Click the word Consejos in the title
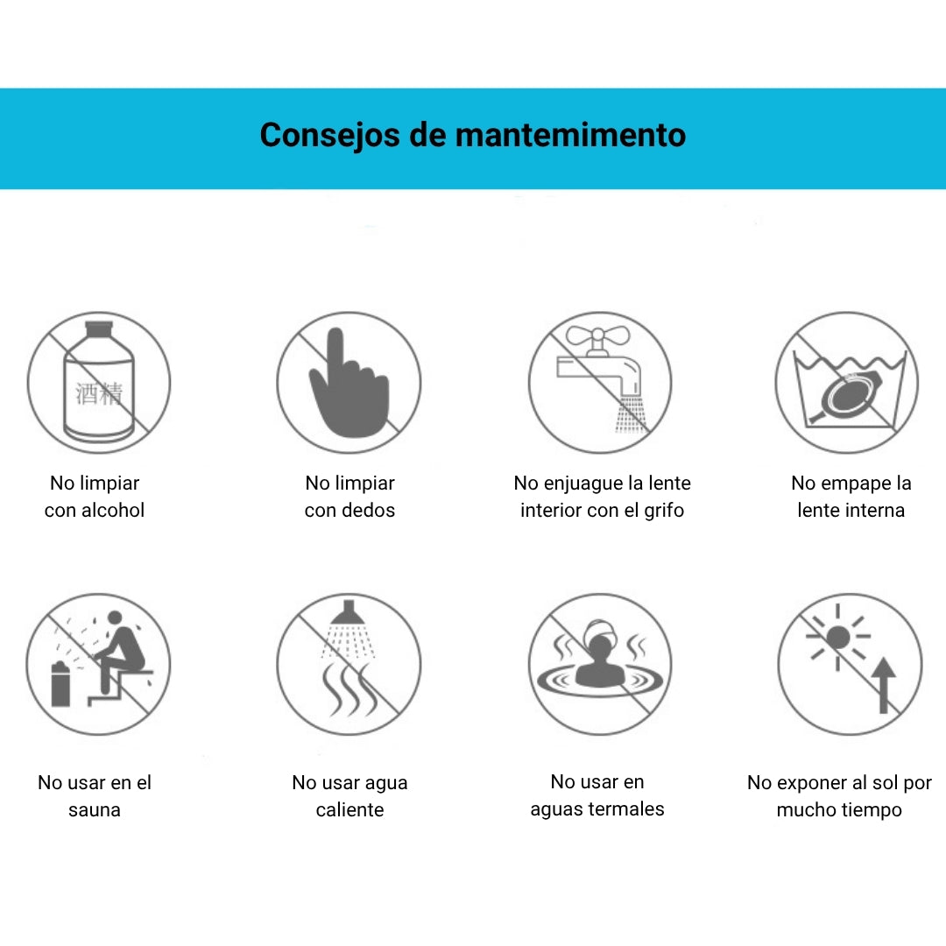tap(329, 135)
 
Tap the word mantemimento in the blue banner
tap(570, 135)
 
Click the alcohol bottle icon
tap(99, 381)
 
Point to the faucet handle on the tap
tap(597, 335)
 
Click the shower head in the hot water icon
tap(348, 613)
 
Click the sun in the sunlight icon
tap(838, 637)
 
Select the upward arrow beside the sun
tap(883, 685)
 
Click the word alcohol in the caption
tap(113, 511)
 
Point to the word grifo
tap(664, 511)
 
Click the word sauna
tap(94, 809)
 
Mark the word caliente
tap(349, 809)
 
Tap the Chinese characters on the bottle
tap(100, 393)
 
